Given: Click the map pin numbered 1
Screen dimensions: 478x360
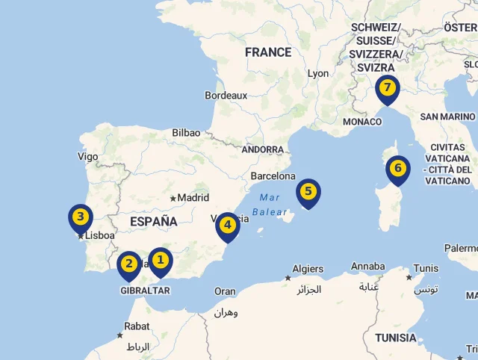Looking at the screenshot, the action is click(160, 260).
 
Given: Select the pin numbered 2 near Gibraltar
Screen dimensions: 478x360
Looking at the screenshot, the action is click(129, 264).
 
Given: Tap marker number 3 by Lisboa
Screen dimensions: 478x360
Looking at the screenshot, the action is click(80, 219).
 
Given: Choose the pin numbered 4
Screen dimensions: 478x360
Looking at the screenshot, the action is click(228, 224).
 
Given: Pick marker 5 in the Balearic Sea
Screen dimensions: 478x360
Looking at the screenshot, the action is click(308, 191).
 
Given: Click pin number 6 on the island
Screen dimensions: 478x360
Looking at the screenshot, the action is click(398, 168).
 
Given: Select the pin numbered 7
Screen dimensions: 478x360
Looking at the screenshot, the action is click(387, 88).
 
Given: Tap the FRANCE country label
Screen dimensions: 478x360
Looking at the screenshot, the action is click(268, 52).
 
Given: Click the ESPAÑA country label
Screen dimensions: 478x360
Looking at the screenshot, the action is click(153, 222).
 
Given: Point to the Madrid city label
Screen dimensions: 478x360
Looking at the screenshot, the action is click(193, 198).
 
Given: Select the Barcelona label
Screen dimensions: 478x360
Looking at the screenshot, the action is click(273, 176).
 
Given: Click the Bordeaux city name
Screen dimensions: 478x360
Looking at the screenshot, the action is click(226, 96).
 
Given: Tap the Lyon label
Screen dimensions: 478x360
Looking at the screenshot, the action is click(318, 73).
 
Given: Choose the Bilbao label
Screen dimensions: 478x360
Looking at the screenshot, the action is click(186, 132).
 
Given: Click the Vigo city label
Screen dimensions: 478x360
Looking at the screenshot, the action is click(87, 157).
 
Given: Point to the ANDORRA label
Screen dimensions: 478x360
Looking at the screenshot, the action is click(263, 149).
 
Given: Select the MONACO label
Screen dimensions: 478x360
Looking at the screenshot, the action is click(361, 122).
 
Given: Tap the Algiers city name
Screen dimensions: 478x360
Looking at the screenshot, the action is click(308, 269).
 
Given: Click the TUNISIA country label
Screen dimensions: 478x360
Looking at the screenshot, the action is click(396, 338).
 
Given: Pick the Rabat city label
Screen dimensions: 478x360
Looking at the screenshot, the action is click(137, 326).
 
